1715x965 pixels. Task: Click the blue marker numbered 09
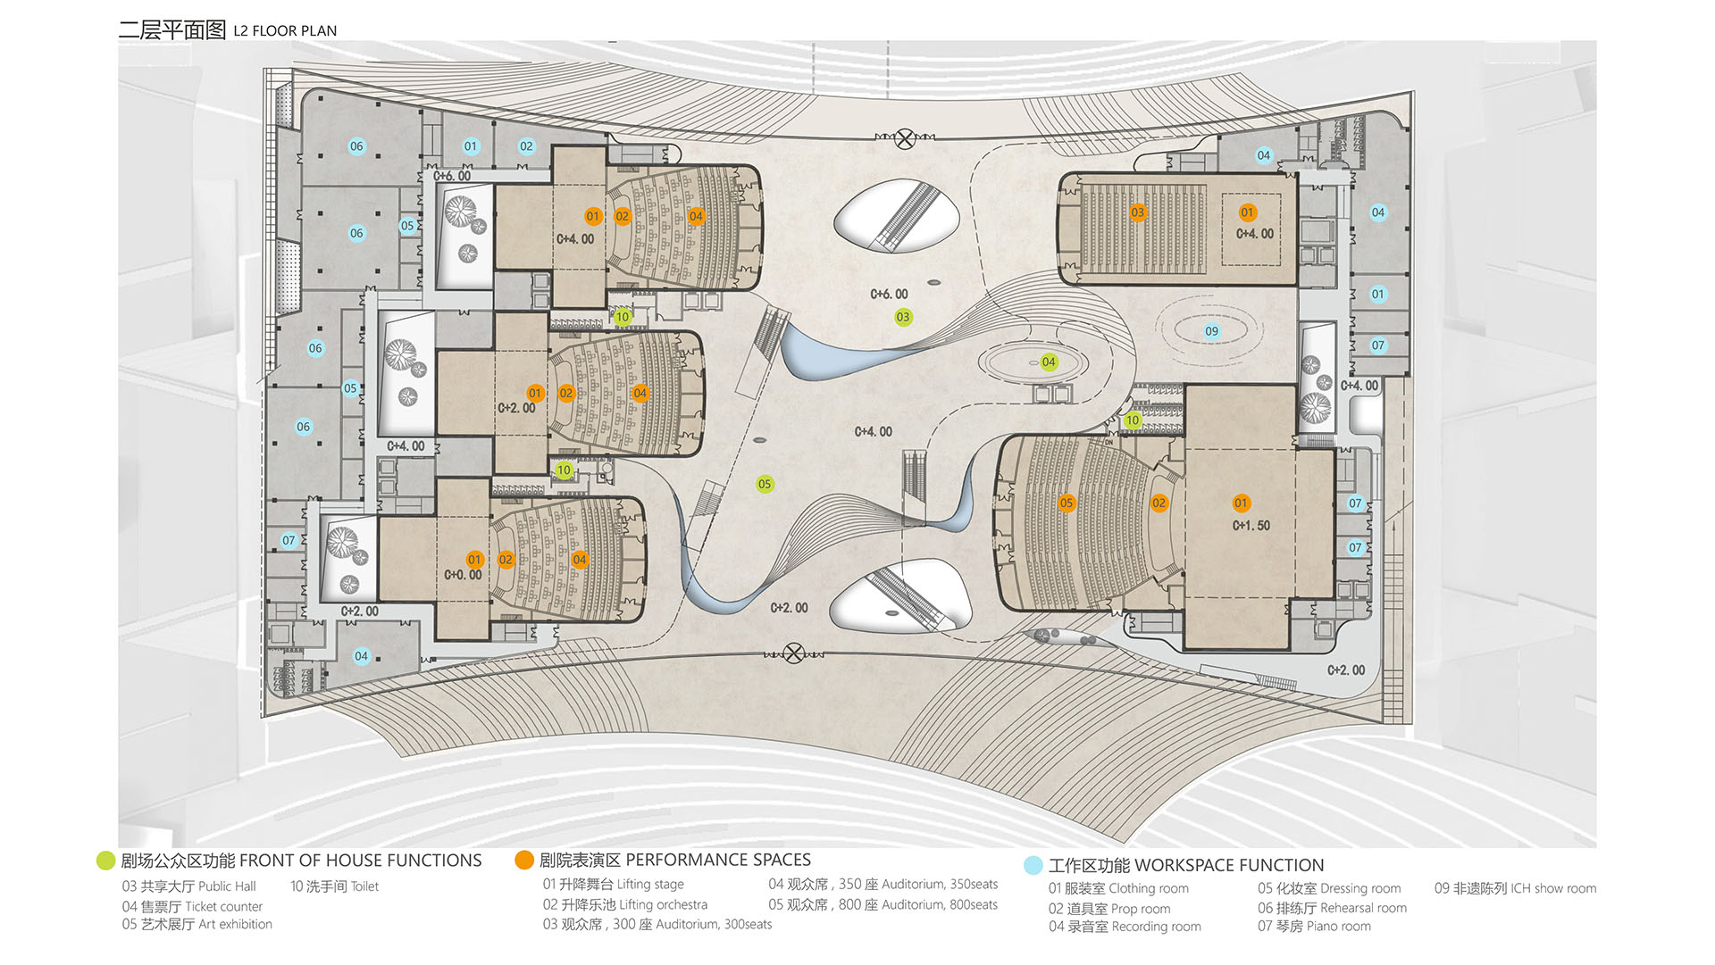click(1211, 331)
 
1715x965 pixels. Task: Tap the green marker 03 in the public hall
click(903, 317)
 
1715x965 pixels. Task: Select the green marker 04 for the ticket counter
click(1049, 362)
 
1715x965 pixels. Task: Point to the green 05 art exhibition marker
click(765, 484)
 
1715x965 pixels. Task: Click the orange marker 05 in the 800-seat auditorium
click(1067, 503)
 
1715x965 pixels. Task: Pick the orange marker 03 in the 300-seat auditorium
click(1137, 212)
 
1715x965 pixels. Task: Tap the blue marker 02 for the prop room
click(526, 146)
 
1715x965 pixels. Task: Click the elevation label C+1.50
click(1251, 526)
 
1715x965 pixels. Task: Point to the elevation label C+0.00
click(463, 575)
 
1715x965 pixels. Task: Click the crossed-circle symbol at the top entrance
click(905, 138)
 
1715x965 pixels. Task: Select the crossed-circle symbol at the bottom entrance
click(793, 653)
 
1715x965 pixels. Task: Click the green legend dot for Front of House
click(105, 861)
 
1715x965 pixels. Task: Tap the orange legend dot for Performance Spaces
click(524, 861)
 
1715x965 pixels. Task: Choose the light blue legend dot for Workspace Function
click(1033, 865)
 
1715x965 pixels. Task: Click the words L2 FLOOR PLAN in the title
click(285, 31)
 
